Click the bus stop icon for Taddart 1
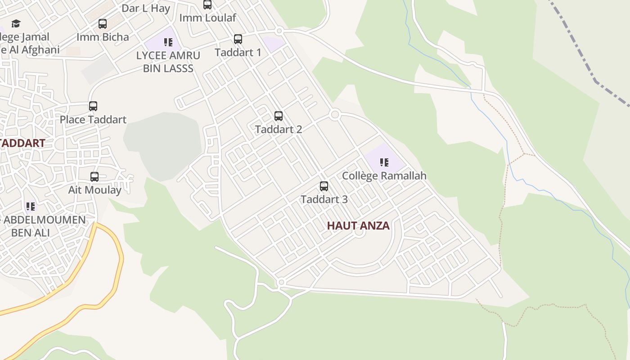tap(238, 39)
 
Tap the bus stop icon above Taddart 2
tap(279, 116)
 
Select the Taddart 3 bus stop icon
tap(324, 186)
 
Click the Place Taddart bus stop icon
tap(93, 106)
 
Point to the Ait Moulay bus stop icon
tap(94, 177)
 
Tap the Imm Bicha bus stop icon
tap(103, 24)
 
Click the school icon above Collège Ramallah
tap(384, 162)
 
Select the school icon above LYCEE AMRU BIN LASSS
tap(168, 42)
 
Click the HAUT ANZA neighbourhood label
tap(358, 225)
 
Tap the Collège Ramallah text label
tap(384, 175)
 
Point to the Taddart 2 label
tap(279, 129)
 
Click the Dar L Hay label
tap(146, 8)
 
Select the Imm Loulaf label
tap(207, 18)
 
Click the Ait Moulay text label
tap(94, 190)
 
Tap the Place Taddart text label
tap(93, 119)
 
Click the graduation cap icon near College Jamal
tap(16, 23)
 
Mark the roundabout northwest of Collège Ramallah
tap(334, 114)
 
